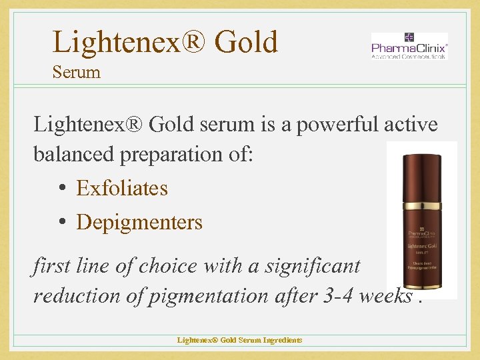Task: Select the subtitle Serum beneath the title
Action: coord(76,72)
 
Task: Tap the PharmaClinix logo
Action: coord(409,47)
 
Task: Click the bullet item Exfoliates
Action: coord(122,188)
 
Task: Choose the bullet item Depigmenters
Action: coord(139,221)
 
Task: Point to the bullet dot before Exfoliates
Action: coord(61,189)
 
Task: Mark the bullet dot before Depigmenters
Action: coord(61,222)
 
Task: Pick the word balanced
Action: coord(77,154)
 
